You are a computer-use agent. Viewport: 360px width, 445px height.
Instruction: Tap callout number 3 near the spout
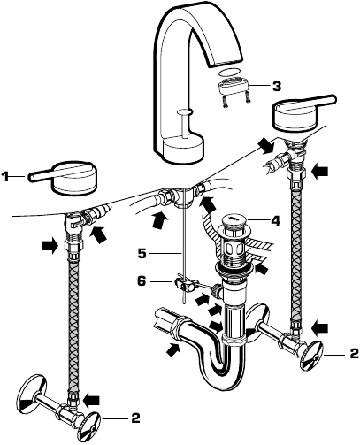277,86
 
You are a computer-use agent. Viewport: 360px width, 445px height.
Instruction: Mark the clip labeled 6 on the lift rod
183,285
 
